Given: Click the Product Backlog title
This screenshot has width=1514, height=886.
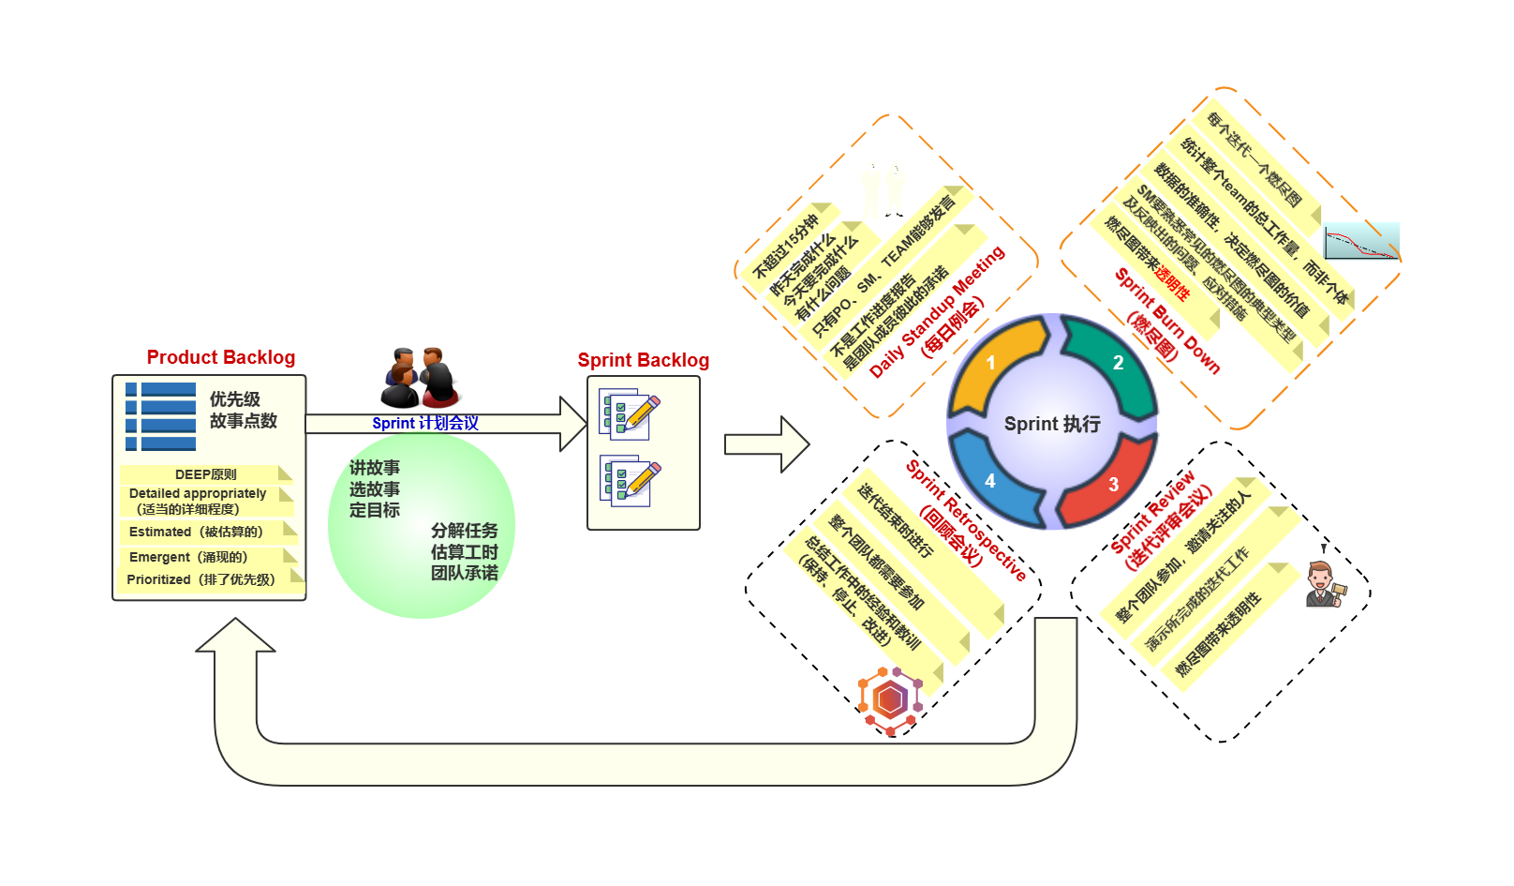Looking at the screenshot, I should [220, 357].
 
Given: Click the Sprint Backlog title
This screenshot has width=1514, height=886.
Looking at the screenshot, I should [643, 360].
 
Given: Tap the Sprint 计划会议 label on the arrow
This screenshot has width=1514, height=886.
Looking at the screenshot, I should [425, 423].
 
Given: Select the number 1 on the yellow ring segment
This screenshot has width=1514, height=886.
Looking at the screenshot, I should [990, 363].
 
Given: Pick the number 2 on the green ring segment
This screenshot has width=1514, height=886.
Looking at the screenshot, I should [1118, 363].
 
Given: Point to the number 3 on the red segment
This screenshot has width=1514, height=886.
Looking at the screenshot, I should [1113, 485].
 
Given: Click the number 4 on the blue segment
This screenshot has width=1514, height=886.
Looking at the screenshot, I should [989, 481].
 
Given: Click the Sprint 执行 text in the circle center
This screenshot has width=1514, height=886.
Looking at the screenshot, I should [1052, 424].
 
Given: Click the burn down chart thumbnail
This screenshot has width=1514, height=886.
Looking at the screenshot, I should [1361, 242].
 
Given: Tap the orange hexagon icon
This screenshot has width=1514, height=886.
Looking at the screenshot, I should [890, 699].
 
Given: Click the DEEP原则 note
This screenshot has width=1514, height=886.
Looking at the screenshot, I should [206, 474].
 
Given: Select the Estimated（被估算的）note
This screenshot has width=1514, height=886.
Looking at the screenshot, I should [197, 532].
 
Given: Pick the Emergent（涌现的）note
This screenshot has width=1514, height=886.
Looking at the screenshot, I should [189, 557].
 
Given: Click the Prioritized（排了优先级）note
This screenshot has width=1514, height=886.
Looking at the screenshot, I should [201, 579].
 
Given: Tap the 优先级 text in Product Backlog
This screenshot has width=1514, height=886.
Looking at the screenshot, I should [235, 399].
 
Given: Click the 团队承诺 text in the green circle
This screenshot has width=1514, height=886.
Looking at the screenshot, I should [465, 573].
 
